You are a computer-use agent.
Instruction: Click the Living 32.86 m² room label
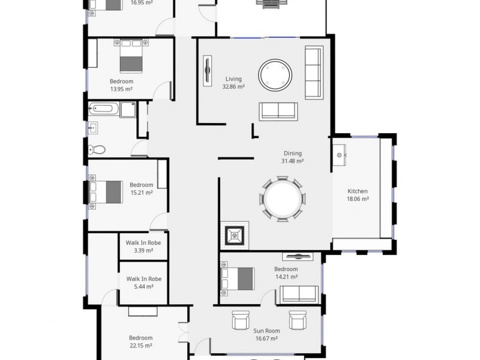pos(234,83)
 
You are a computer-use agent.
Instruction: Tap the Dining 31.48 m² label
pos(292,157)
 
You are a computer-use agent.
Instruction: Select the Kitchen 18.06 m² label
pos(358,195)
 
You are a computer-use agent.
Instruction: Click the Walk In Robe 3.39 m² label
pos(143,247)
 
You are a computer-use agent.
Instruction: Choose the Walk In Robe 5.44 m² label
pos(143,283)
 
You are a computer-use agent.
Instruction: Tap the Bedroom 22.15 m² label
pos(140,341)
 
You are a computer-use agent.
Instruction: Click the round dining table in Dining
pos(283,199)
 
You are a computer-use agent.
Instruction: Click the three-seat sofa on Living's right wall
pos(314,73)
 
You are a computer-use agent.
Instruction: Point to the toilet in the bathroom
pos(98,149)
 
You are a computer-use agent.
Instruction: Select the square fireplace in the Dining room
pos(234,235)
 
